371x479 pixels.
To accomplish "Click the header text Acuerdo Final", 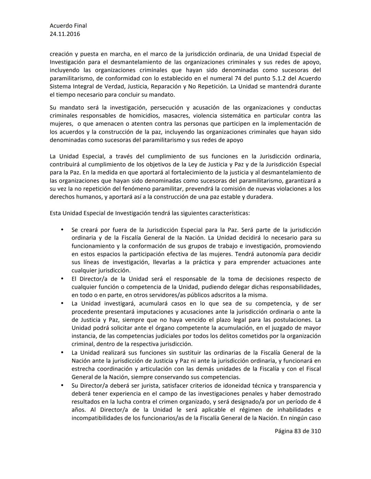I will (68, 25).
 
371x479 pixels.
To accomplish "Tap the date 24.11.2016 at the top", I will (65, 34).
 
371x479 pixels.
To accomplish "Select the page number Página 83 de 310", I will (297, 431).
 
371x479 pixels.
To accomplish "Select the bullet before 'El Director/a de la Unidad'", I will (62, 279).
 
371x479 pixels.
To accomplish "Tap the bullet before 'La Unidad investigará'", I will (62, 303).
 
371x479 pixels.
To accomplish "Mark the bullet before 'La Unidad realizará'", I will (62, 352).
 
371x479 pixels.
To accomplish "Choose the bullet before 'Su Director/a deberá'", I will (62, 385).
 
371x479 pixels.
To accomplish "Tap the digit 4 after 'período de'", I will (319, 402).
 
